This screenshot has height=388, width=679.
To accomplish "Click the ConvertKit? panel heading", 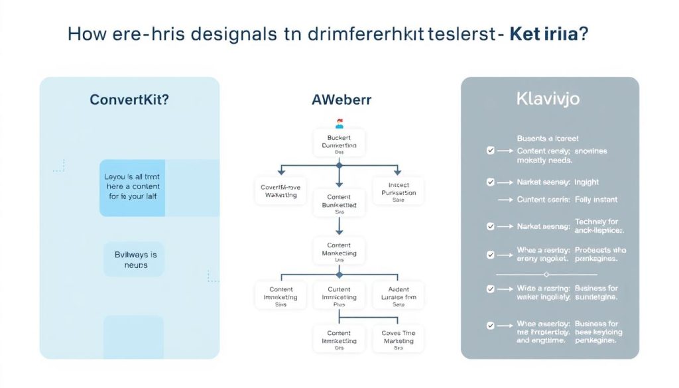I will coord(129,100).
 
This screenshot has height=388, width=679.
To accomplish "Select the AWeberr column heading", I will coord(341,100).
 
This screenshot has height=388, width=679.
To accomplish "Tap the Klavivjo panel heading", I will coord(548,99).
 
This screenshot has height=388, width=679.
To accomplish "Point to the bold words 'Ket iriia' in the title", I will coord(544,34).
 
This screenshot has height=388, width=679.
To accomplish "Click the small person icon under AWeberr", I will coord(339,123).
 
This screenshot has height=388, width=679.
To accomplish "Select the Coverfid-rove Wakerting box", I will coord(279,191).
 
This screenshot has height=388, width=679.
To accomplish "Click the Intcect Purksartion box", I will coord(398,191).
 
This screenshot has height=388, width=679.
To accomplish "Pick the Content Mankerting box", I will coord(339,253).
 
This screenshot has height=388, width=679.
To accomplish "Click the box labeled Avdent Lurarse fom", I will coord(398,296).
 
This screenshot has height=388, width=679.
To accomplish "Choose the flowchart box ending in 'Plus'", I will coord(339,296).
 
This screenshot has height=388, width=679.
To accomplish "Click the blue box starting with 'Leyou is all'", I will coord(132,187).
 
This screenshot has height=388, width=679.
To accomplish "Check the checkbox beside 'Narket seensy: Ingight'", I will coord(490,182).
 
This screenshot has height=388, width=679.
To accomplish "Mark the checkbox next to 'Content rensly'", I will coord(490,151).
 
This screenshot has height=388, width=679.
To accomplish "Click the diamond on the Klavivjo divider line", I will coord(545,274).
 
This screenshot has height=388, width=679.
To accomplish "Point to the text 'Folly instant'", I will coord(595,200).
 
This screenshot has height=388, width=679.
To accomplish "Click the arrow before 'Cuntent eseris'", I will coord(506,200).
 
